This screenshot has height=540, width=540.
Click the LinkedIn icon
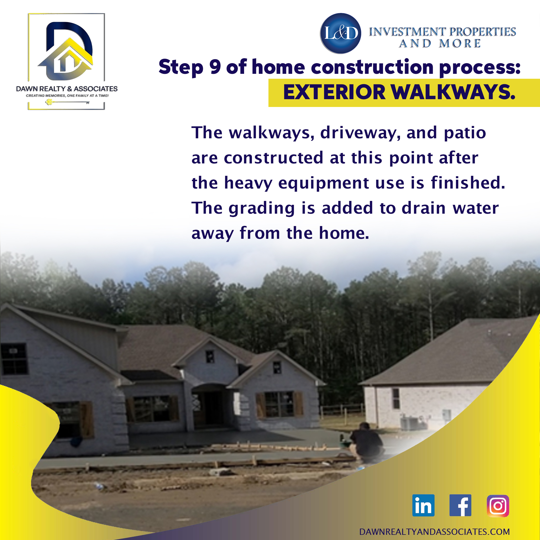click(423, 505)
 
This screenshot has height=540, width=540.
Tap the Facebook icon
click(460, 505)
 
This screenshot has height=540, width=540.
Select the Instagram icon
click(498, 506)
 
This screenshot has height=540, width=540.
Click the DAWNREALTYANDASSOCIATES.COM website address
click(434, 532)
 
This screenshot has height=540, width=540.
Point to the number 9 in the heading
click(215, 67)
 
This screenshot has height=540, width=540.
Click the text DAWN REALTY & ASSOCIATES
click(67, 89)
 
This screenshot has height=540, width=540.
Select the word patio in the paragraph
click(465, 133)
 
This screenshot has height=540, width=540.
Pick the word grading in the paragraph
click(261, 208)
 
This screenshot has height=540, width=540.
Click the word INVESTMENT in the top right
click(407, 32)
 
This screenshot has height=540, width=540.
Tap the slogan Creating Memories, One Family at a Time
click(67, 96)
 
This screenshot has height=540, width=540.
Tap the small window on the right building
click(396, 398)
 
